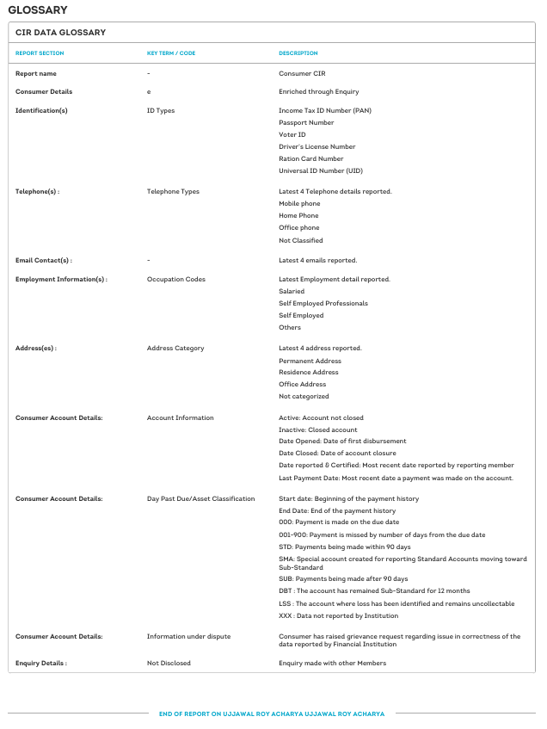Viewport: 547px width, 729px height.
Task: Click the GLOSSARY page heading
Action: click(37, 9)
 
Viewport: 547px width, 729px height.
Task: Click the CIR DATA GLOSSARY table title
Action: click(60, 33)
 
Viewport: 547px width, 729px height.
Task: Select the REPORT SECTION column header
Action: click(40, 53)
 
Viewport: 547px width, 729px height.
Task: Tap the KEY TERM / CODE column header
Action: click(171, 53)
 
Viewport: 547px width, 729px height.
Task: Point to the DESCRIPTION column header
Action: click(298, 53)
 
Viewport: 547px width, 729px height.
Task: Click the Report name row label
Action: click(36, 74)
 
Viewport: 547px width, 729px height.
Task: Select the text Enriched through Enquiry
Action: click(318, 91)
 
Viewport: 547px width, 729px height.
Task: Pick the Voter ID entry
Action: click(292, 134)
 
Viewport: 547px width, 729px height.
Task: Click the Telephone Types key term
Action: click(173, 191)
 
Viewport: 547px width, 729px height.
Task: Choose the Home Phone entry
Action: click(298, 215)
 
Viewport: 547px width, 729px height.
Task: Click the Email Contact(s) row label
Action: click(43, 260)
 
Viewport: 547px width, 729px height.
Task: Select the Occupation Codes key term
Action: click(176, 279)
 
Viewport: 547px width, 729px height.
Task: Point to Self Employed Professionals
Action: click(323, 303)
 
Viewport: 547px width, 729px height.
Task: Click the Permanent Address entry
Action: click(310, 361)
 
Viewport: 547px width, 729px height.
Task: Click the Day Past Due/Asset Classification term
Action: click(200, 498)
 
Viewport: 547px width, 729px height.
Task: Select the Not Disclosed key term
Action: click(169, 663)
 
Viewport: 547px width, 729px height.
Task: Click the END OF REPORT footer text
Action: click(272, 714)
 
